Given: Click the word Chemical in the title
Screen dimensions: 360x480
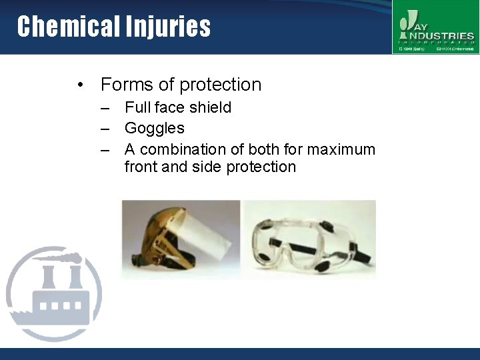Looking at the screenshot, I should point(67,27).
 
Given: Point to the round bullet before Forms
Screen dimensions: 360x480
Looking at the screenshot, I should point(80,85).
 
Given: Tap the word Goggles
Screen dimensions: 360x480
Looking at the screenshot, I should point(154,128).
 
